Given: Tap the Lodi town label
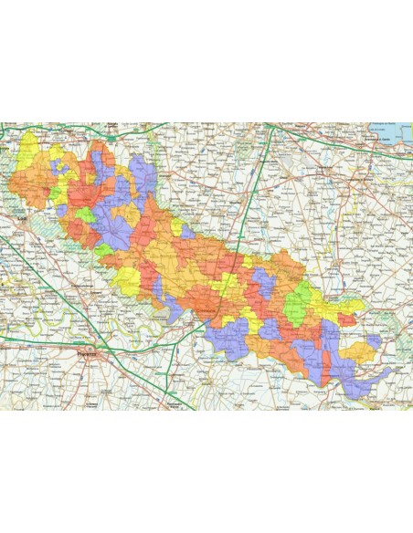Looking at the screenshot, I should pos(22,219).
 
